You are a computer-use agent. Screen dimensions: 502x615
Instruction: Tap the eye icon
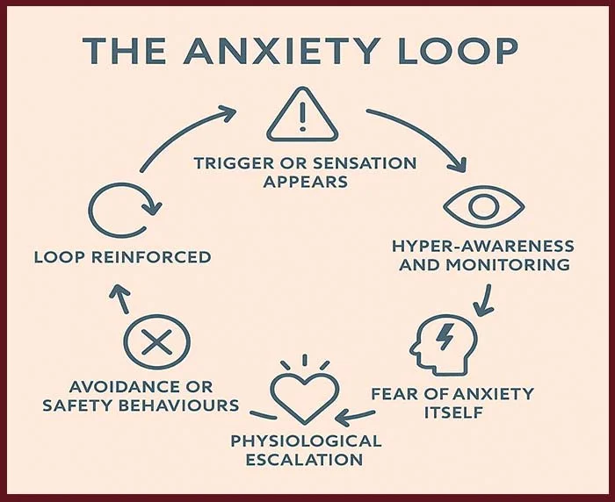483,207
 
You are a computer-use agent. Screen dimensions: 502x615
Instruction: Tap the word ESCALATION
306,459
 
